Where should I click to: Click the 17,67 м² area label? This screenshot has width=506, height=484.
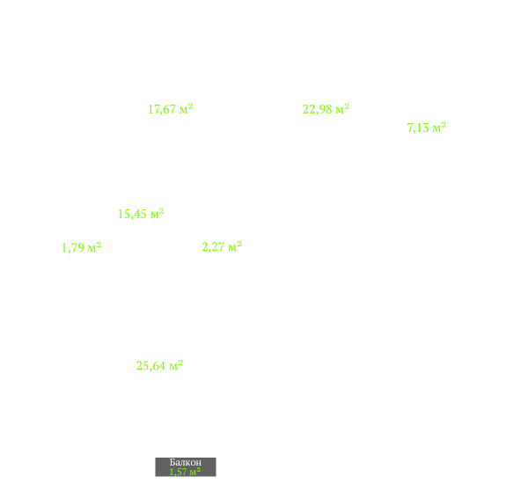click(x=171, y=109)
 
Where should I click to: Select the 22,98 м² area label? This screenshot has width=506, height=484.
click(x=326, y=109)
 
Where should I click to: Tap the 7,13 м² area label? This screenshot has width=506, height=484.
click(x=426, y=128)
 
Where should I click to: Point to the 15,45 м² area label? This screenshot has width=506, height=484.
click(x=141, y=214)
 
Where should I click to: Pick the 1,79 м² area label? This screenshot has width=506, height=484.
click(x=81, y=247)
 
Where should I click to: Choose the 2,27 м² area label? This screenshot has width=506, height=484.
click(x=222, y=246)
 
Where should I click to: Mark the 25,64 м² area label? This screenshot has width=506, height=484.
click(x=159, y=365)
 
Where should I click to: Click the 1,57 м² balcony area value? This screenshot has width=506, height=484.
click(x=185, y=472)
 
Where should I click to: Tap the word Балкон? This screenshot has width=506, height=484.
click(x=186, y=462)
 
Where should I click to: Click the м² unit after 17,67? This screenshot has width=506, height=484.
click(x=186, y=109)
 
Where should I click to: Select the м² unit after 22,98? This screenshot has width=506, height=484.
click(x=342, y=109)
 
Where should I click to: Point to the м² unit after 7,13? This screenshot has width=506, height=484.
click(x=439, y=128)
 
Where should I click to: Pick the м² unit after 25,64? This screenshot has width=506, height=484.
click(x=176, y=365)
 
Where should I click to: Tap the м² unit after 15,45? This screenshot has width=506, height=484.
click(x=158, y=214)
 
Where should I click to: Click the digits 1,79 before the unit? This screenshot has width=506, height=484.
click(x=73, y=248)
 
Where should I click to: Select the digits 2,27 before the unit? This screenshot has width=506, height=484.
click(x=213, y=247)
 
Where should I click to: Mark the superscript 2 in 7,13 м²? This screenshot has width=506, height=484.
click(x=444, y=124)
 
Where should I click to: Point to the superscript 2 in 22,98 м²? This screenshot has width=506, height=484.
click(x=347, y=106)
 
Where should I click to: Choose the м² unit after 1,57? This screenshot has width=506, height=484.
click(x=194, y=472)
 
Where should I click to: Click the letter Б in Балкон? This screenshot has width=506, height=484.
click(x=172, y=462)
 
